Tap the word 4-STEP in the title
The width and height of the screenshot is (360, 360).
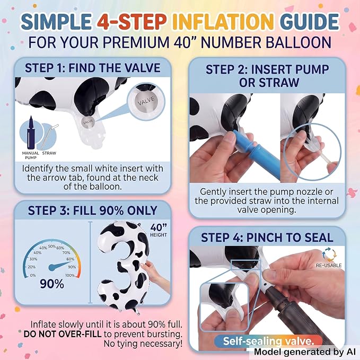tap(132, 22)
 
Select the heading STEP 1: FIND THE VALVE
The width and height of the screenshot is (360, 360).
tap(93, 68)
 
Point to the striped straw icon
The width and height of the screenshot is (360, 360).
tap(49, 137)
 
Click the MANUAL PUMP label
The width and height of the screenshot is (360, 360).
tap(31, 155)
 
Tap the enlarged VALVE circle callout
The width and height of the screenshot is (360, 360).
tap(146, 101)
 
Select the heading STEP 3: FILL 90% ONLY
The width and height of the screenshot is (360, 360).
tap(93, 210)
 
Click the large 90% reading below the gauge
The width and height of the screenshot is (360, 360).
tap(52, 284)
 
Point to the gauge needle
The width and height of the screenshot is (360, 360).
tap(60, 265)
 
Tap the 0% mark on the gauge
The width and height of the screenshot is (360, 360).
tap(33, 275)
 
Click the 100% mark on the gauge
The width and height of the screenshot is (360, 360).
tap(70, 275)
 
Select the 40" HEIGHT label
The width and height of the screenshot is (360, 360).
tap(159, 230)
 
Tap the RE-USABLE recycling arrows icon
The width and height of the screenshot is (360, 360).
tap(329, 254)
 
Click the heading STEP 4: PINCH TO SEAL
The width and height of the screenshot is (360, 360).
tap(267, 238)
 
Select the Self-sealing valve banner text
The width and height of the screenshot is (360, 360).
tap(268, 341)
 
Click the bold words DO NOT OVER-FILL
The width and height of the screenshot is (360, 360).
tap(63, 334)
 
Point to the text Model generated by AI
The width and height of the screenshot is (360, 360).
tap(305, 352)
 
